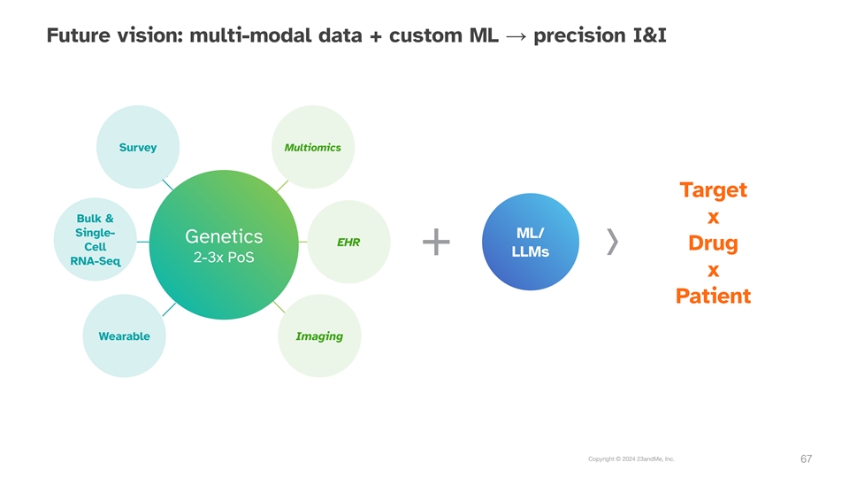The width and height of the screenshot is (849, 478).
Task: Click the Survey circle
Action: coord(138,147)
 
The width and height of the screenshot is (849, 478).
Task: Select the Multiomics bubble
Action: coord(313,147)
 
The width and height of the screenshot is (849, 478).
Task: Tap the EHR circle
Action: coord(348,242)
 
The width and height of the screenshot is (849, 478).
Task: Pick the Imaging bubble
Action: coord(319,336)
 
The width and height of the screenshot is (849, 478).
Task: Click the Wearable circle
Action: coord(125,336)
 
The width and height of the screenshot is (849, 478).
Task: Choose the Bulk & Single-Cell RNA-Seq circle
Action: coord(96,239)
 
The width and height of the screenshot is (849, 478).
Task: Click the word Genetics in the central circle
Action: coord(224,236)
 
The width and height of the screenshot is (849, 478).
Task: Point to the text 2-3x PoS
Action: coord(224,258)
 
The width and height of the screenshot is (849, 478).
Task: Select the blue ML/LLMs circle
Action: coord(531,242)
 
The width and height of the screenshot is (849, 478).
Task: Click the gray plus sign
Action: coord(436,242)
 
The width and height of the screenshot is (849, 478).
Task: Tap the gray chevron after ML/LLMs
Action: coord(612,242)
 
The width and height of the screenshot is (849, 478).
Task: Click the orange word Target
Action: coord(714,190)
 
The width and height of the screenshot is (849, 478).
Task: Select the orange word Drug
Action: coord(714,243)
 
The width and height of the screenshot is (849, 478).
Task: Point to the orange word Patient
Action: coord(714,296)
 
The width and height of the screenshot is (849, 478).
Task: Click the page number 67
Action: coord(807,459)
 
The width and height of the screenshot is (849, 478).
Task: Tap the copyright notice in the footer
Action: coord(631,459)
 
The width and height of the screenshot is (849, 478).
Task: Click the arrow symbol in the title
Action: coord(516,37)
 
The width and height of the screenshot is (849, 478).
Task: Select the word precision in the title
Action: coord(580,35)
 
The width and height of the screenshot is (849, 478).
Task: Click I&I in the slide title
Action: coord(650,35)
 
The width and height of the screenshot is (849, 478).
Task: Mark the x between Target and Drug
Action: coord(714,218)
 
